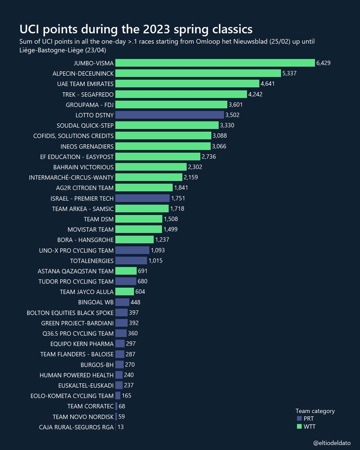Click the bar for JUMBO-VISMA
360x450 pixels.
pyautogui.click(x=215, y=63)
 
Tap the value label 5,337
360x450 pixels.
pyautogui.click(x=289, y=73)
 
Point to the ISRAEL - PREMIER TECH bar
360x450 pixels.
pyautogui.click(x=142, y=198)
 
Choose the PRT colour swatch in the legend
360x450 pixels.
pyautogui.click(x=299, y=418)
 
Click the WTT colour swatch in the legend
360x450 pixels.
pyautogui.click(x=299, y=426)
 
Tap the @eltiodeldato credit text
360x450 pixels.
pyautogui.click(x=331, y=443)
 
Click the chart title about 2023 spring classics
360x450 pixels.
pyautogui.click(x=136, y=29)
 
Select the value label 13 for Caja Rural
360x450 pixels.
pyautogui.click(x=120, y=427)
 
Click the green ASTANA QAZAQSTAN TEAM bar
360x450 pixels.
pyautogui.click(x=126, y=271)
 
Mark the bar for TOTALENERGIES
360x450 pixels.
pyautogui.click(x=131, y=260)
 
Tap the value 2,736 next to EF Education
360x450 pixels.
pyautogui.click(x=209, y=156)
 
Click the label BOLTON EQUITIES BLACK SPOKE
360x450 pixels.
pyautogui.click(x=70, y=312)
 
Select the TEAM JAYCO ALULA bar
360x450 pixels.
pyautogui.click(x=124, y=291)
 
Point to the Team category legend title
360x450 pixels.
pyautogui.click(x=315, y=411)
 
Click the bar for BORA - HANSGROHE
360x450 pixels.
pyautogui.click(x=134, y=240)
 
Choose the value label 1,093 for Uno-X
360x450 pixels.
pyautogui.click(x=157, y=250)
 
